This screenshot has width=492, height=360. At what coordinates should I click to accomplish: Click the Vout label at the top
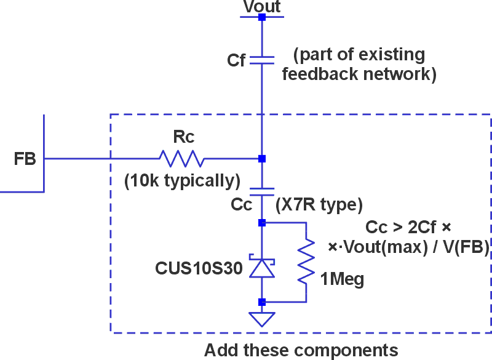pos(262,7)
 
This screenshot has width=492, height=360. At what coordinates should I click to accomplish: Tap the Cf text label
pos(236,60)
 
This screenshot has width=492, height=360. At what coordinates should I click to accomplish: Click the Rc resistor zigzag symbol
pos(181,159)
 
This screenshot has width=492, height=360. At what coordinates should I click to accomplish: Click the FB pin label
pos(25,159)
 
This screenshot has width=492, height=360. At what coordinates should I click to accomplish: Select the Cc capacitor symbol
pos(262,191)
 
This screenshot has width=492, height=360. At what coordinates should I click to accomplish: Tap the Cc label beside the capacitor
pos(242,204)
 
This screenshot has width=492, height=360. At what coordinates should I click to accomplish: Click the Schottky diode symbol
pos(262,266)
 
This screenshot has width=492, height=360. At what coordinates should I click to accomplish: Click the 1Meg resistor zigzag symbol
pos(306,262)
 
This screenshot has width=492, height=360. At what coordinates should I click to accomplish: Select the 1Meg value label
pos(342,280)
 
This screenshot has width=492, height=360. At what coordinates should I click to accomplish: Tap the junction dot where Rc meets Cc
pos(262,159)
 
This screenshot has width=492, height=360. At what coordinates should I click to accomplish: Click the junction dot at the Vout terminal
pos(262,17)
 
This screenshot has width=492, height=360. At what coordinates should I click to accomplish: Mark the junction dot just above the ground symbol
pos(262,302)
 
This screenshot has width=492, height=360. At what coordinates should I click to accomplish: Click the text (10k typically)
pos(182,181)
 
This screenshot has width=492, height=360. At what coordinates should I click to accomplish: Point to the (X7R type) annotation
pos(320,204)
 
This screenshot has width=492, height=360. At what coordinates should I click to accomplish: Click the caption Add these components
pos(301,350)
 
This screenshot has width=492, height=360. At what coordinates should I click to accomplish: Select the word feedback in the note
pos(319,74)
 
